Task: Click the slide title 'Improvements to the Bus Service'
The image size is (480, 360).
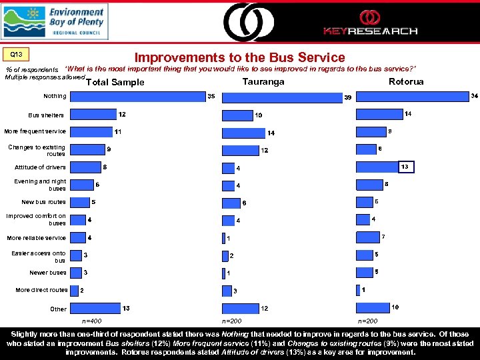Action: [x=240, y=58]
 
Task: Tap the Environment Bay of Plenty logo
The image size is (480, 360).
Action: [x=54, y=21]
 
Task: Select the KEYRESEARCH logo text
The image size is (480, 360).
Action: [x=370, y=31]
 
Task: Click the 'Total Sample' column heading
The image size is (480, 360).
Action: [x=115, y=83]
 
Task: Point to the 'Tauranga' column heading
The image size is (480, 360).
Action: [x=263, y=81]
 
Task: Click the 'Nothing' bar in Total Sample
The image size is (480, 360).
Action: [x=137, y=97]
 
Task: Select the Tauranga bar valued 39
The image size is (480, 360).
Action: [x=281, y=98]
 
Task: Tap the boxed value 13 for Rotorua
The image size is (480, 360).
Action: [x=407, y=166]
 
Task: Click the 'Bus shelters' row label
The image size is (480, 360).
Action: [x=47, y=115]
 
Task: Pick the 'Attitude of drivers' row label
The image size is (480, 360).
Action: [x=40, y=167]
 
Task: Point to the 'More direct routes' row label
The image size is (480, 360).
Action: [x=41, y=291]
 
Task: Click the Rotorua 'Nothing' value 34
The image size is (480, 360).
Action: [x=474, y=96]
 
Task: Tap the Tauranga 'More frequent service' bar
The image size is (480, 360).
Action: [x=243, y=133]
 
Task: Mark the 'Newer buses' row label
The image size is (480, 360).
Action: [x=48, y=273]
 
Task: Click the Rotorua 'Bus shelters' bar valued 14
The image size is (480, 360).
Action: [x=379, y=114]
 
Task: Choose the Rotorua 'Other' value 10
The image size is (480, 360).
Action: [x=395, y=307]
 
